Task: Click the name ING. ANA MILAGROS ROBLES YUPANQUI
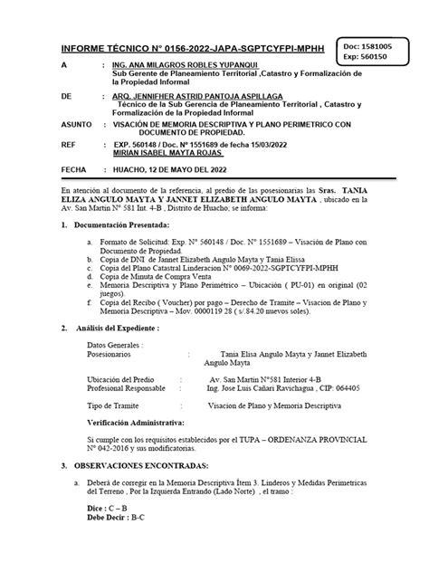(180, 67)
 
